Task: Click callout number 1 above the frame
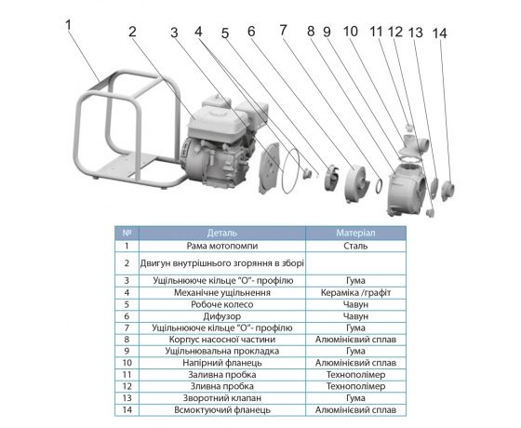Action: pyautogui.click(x=69, y=25)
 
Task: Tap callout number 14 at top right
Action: pyautogui.click(x=439, y=33)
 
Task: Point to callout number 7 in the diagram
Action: pyautogui.click(x=283, y=30)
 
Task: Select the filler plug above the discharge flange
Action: pyautogui.click(x=409, y=127)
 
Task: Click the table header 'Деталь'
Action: pyautogui.click(x=222, y=233)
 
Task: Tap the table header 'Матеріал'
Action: pyautogui.click(x=355, y=233)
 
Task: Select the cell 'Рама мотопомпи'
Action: pyautogui.click(x=222, y=246)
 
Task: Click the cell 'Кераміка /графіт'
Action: pyautogui.click(x=355, y=293)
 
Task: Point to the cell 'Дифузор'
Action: pyautogui.click(x=222, y=316)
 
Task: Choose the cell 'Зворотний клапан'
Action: pyautogui.click(x=222, y=398)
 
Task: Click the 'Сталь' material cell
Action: pyautogui.click(x=355, y=246)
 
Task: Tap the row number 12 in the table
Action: pyautogui.click(x=127, y=386)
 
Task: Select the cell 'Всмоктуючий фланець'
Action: pyautogui.click(x=222, y=410)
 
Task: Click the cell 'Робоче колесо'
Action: pyautogui.click(x=222, y=305)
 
